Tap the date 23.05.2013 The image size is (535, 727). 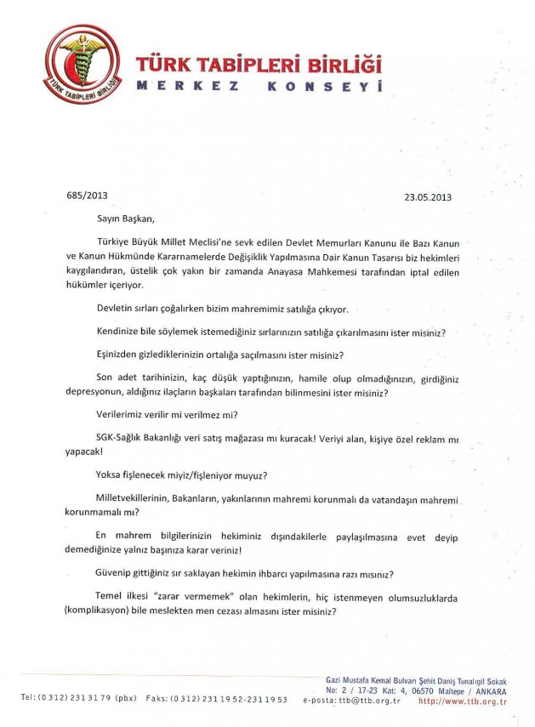point(427,196)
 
